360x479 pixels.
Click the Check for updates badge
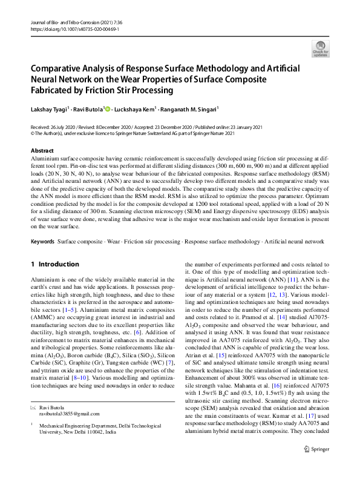click(x=320, y=48)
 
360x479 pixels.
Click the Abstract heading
click(x=42, y=150)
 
